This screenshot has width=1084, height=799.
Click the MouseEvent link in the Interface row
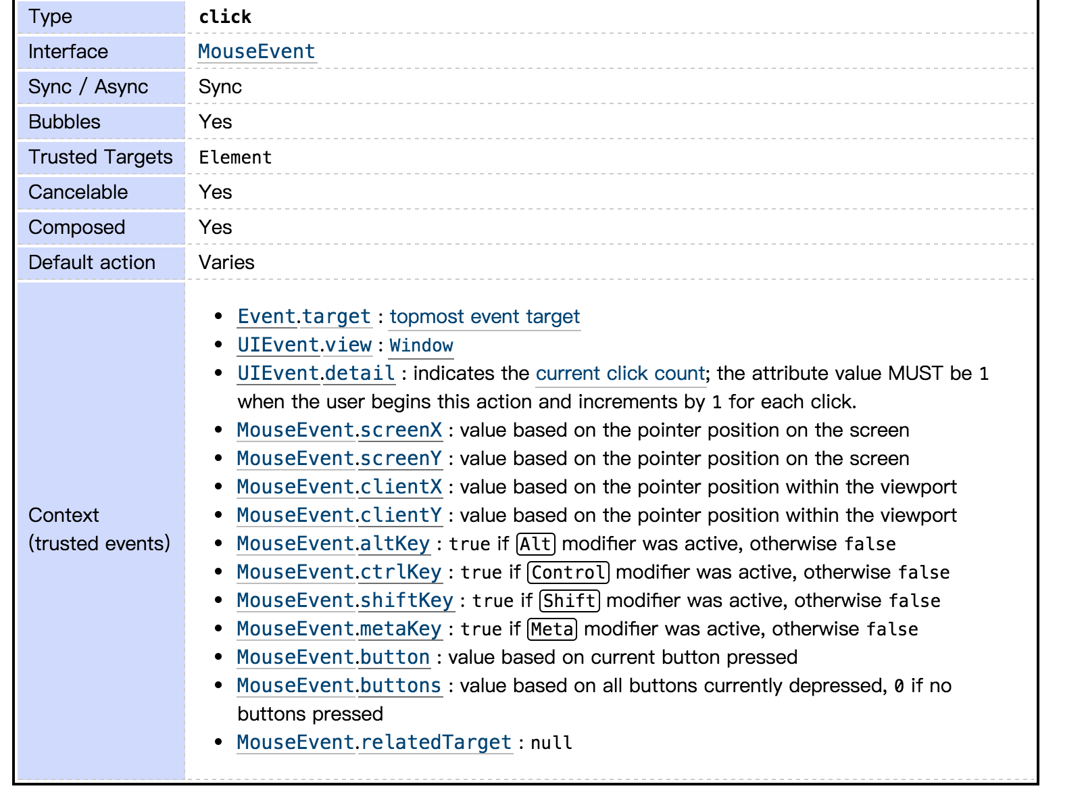point(257,51)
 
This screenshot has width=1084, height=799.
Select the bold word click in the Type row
point(225,17)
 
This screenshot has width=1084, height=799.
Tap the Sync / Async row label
point(88,87)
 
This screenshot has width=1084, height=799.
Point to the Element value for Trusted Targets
point(235,158)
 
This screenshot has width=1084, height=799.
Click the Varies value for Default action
point(226,262)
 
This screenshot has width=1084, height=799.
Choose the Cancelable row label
point(78,192)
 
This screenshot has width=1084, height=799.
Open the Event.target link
point(304,316)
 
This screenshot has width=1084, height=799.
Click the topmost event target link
point(485,316)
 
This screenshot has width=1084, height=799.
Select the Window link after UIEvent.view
point(421,345)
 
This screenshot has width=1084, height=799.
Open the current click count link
point(620,373)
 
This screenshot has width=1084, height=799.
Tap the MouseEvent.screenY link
point(339,458)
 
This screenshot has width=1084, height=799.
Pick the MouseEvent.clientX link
point(339,487)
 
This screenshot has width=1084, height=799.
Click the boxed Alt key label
point(536,544)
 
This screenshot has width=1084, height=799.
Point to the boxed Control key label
point(568,573)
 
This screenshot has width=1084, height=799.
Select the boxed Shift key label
point(570,601)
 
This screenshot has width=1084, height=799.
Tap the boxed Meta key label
point(552,629)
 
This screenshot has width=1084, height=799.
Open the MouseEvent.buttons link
point(339,685)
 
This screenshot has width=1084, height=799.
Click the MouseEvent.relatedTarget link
point(374,742)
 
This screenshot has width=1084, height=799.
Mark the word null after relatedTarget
point(551,743)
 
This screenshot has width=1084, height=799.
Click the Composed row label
point(76,227)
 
